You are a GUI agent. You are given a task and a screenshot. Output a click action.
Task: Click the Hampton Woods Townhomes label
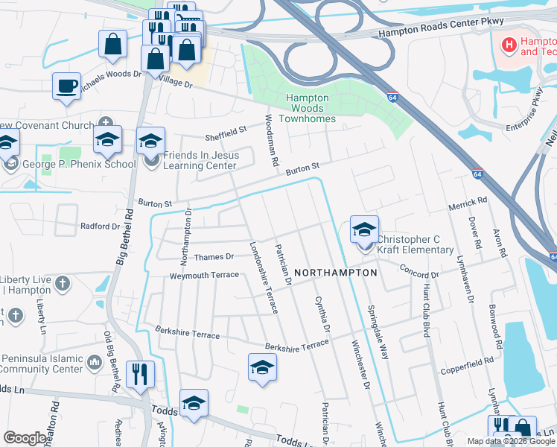tap(307, 108)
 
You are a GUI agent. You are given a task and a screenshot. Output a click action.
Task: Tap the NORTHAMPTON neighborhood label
tap(336, 273)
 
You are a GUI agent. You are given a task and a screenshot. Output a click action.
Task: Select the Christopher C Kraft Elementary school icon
tap(364, 230)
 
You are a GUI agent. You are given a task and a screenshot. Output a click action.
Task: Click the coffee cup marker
tap(66, 85)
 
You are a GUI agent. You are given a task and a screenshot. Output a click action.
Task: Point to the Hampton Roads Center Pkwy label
tap(441, 29)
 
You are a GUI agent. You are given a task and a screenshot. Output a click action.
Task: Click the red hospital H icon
tap(509, 45)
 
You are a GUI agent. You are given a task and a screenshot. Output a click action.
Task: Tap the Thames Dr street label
tap(214, 256)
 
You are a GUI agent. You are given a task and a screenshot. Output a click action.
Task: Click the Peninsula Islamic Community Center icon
tap(95, 362)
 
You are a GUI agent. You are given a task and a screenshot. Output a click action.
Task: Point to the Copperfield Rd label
tap(466, 361)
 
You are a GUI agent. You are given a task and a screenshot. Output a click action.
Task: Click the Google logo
tap(25, 438)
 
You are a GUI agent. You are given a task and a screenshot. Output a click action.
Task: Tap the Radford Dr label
tap(100, 226)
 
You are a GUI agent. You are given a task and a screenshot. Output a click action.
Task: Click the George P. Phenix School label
tap(77, 164)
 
